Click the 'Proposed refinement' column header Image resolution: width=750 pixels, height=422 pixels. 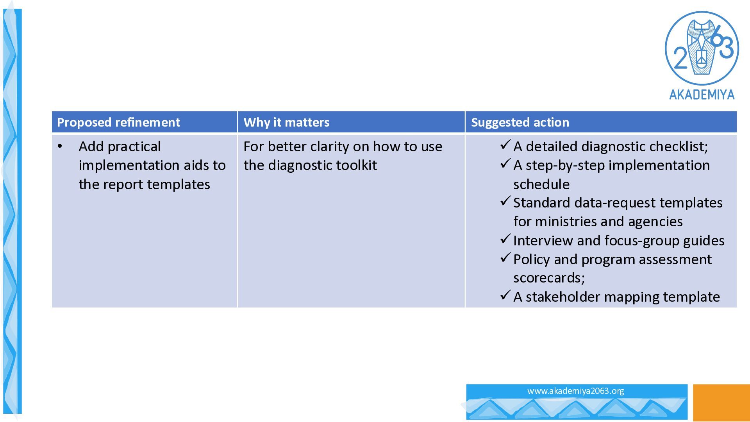(118, 123)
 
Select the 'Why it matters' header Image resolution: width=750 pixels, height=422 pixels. (286, 123)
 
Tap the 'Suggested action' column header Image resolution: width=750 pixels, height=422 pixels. (520, 123)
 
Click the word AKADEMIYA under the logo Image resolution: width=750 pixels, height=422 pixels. (702, 95)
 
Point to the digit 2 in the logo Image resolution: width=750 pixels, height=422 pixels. (680, 58)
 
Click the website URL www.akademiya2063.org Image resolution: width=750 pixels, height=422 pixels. (575, 391)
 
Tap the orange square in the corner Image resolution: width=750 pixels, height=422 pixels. (721, 402)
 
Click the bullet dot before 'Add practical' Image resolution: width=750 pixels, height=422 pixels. (60, 147)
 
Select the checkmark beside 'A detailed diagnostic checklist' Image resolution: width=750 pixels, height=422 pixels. (505, 145)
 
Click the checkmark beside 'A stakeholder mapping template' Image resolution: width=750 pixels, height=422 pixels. (505, 295)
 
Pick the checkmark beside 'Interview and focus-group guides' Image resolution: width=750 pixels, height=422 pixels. (505, 239)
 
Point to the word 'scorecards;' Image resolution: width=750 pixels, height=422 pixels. (549, 278)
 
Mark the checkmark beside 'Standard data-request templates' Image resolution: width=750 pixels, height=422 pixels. (505, 201)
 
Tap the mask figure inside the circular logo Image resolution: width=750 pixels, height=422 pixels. (702, 47)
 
